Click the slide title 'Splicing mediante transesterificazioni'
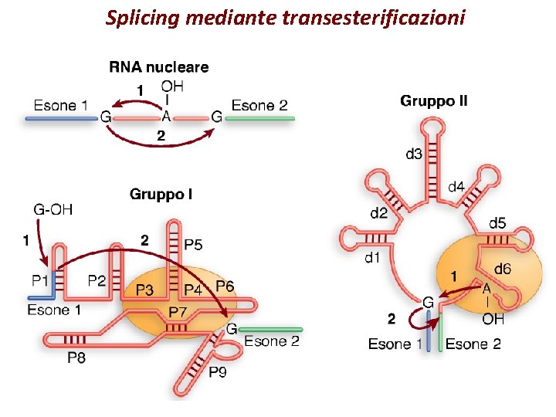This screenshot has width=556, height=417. point(285,17)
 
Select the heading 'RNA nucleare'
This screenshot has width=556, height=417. point(158,67)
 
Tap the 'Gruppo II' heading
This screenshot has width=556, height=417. point(433,101)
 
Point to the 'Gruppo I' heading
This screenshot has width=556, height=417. point(161,194)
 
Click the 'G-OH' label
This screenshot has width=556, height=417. point(54,208)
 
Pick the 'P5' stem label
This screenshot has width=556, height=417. point(195,245)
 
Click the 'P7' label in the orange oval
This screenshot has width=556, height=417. point(177,311)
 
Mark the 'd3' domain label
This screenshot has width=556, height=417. point(414,154)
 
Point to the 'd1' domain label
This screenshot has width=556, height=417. point(373,258)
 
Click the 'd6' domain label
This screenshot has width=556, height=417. point(502,269)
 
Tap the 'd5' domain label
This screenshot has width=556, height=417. point(498,224)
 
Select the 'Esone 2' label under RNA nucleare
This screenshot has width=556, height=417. point(259,105)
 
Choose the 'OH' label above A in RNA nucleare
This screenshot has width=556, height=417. point(172,86)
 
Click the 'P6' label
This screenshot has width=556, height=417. point(225,286)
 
